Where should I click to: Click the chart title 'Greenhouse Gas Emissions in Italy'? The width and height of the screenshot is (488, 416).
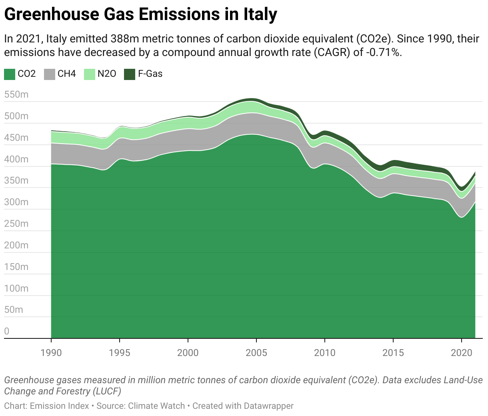click(140, 15)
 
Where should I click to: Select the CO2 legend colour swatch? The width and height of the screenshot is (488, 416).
click(10, 74)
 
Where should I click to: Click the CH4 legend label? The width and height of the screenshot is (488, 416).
click(66, 74)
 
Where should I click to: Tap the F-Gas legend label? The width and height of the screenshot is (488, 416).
click(150, 74)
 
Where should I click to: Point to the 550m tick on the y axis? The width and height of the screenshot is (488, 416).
click(16, 95)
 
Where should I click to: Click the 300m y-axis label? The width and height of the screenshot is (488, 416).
click(16, 202)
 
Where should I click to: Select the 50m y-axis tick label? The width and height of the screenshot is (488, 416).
click(14, 310)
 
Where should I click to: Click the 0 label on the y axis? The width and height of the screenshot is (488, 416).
click(7, 331)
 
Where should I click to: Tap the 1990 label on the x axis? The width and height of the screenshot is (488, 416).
click(51, 352)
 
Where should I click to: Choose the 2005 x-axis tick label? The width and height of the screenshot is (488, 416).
click(256, 352)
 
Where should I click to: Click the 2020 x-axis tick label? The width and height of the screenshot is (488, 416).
click(462, 352)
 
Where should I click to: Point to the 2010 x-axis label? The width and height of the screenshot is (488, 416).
click(325, 352)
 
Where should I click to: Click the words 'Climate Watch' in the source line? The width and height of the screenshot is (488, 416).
click(156, 406)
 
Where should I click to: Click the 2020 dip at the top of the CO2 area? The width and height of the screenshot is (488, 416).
click(462, 217)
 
